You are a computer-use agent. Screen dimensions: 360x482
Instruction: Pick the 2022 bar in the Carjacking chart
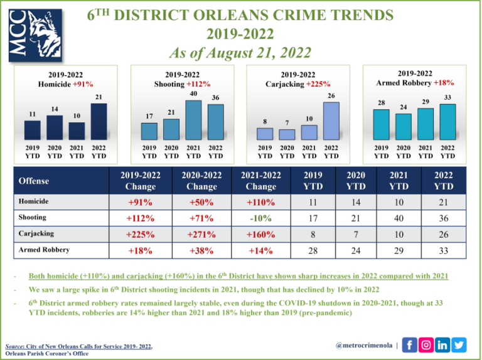[x=331, y=121]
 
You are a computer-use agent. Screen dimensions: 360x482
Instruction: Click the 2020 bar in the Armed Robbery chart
[x=404, y=126]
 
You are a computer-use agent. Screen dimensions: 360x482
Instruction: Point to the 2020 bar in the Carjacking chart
[x=287, y=134]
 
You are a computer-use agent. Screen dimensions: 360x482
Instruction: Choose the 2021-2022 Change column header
[x=260, y=181]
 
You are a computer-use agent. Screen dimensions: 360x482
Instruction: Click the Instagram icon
[x=426, y=344]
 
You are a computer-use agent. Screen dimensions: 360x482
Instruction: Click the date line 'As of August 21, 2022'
[x=241, y=48]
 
